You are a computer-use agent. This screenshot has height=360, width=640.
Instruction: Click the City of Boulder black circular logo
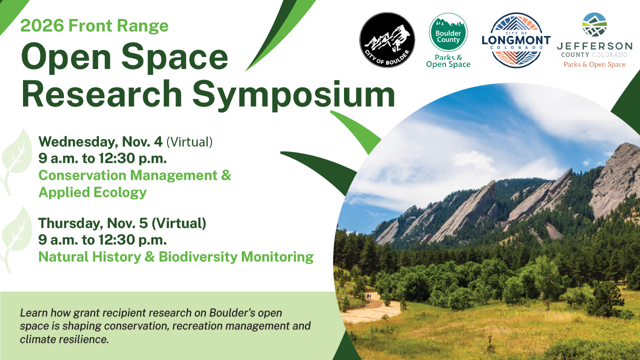[387, 40]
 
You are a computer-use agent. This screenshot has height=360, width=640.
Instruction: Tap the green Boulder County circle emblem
[448, 32]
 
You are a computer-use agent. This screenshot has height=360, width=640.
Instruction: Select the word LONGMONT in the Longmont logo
[516, 40]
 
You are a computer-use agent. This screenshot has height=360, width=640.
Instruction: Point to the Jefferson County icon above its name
[594, 24]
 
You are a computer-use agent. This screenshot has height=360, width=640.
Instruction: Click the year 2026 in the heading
[42, 25]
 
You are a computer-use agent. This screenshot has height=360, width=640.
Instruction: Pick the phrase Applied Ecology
[92, 192]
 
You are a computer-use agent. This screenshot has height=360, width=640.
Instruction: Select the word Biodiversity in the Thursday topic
[198, 256]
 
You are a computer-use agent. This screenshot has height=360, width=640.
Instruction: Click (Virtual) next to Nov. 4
[189, 142]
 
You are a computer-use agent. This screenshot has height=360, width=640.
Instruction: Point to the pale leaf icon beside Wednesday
[16, 162]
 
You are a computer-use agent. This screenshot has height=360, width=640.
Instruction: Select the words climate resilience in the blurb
[64, 339]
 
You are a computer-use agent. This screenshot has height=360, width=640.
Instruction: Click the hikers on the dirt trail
[368, 296]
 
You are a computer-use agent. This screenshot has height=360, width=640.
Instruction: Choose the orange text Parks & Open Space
[594, 64]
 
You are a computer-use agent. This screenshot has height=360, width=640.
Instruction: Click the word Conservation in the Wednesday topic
[82, 175]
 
